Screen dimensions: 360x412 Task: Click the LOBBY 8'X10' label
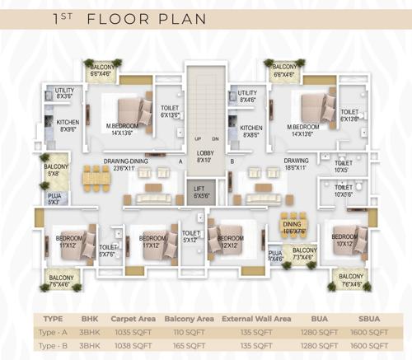pos(204,157)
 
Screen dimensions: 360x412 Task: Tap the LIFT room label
pos(201,193)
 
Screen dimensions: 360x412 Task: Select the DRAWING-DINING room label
pos(125,164)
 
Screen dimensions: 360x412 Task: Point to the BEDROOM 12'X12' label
pos(230,242)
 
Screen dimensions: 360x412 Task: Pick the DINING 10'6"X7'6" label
pos(293,228)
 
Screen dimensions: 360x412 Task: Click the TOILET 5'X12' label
pos(191,237)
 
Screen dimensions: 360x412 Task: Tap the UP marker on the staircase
pos(197,138)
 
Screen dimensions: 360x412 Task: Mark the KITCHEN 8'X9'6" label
pos(68,125)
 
